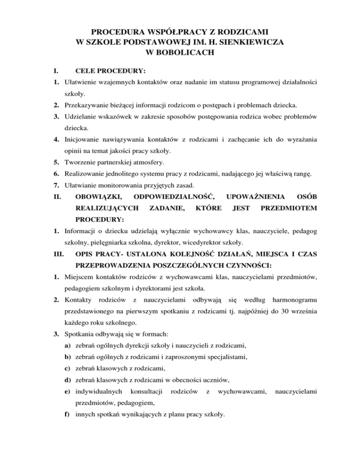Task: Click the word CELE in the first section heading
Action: click(85, 71)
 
